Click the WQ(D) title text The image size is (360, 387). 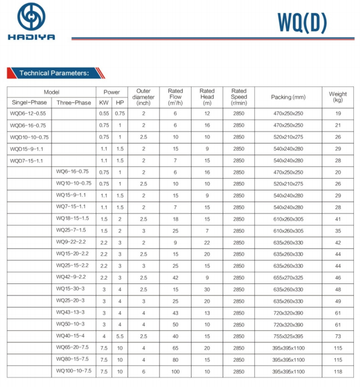[x=302, y=22]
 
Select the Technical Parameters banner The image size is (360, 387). [x=54, y=73]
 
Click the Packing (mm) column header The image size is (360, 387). [x=288, y=97]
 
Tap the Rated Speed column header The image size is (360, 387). [x=239, y=97]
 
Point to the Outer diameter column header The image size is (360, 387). [x=143, y=97]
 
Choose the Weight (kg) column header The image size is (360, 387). [x=338, y=97]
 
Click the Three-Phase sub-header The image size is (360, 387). [x=73, y=102]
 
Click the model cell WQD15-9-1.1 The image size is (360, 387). [x=27, y=148]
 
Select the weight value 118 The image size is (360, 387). [x=338, y=371]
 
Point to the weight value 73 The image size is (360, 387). [x=338, y=336]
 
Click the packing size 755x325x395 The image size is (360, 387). [x=288, y=336]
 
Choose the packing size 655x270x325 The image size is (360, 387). [x=288, y=277]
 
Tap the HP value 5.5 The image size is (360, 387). [x=120, y=336]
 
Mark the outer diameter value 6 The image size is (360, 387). [x=143, y=371]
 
